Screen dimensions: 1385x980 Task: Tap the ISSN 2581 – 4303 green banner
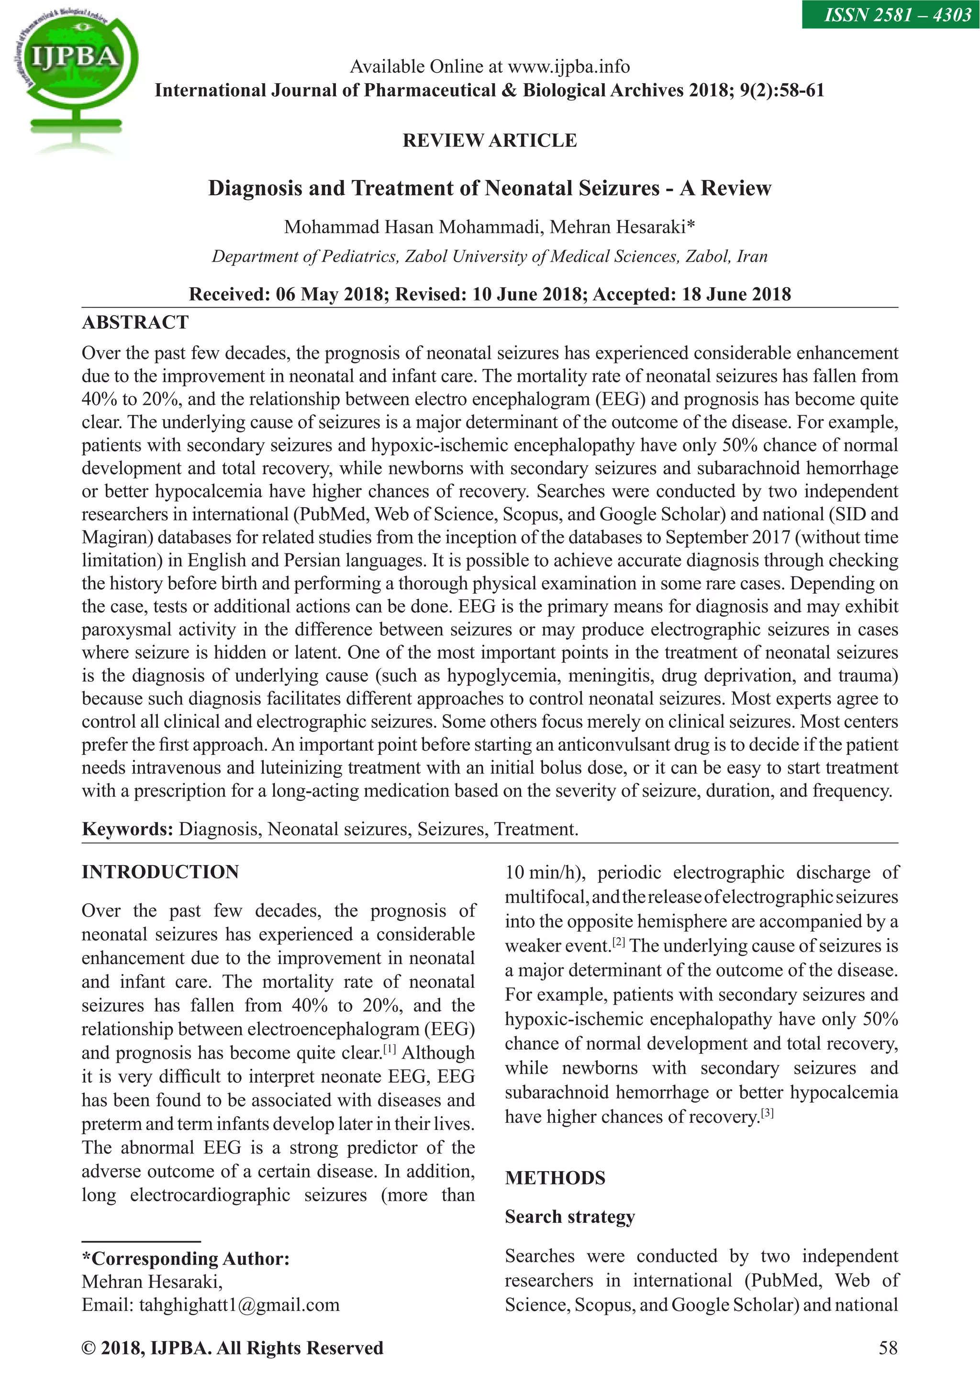[x=890, y=14]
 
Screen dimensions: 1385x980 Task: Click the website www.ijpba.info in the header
[x=568, y=66]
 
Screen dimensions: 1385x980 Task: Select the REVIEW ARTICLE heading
[x=490, y=141]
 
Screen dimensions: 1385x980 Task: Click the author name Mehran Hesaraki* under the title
[x=622, y=227]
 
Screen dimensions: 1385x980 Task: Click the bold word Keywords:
[x=127, y=829]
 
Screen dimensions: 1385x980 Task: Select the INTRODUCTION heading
[x=160, y=872]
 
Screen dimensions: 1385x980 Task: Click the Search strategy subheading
[x=569, y=1217]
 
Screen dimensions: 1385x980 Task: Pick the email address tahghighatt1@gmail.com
[x=239, y=1305]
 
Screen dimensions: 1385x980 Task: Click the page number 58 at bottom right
[x=888, y=1348]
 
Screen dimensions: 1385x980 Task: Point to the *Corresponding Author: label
[x=186, y=1259]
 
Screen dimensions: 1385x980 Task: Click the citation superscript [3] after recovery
[x=767, y=1113]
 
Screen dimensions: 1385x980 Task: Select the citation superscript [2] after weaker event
[x=620, y=942]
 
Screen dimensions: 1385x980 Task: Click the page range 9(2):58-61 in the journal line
[x=781, y=90]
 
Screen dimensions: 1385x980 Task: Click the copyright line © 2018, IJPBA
[x=233, y=1348]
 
